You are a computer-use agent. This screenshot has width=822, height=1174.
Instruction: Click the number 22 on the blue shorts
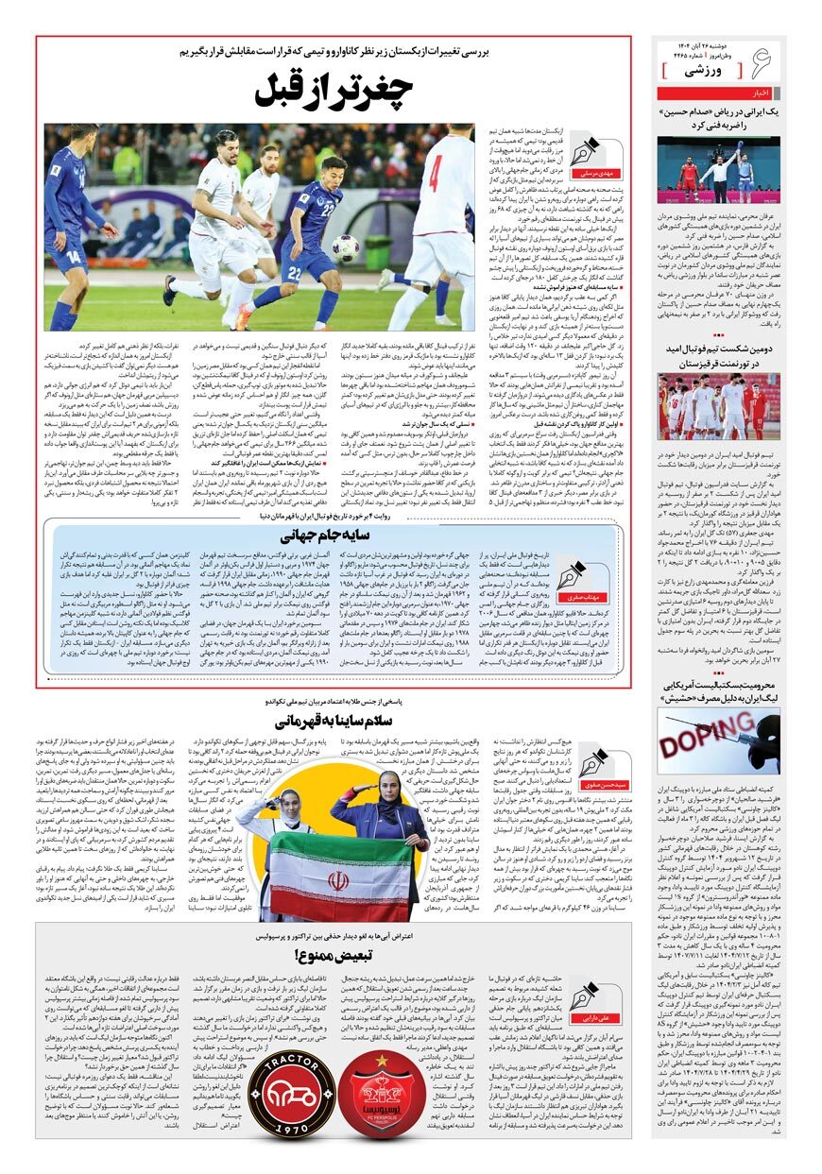click(x=294, y=273)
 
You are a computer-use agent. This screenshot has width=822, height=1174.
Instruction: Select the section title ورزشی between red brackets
click(x=704, y=71)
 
